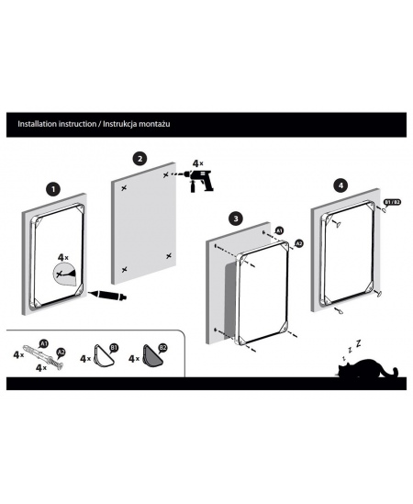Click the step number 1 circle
tap(53, 189)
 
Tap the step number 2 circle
tap(140, 159)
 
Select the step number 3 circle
tap(236, 218)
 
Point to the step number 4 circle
tap(341, 185)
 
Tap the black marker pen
tap(107, 295)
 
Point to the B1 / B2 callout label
tap(392, 202)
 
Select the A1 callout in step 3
tap(279, 230)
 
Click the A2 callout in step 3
tap(299, 243)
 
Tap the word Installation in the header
tap(37, 124)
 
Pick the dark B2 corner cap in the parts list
tap(152, 355)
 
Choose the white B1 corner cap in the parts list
tap(104, 355)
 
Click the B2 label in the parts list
tap(163, 347)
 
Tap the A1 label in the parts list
tap(44, 343)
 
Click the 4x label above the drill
tap(197, 163)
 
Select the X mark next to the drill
tap(166, 175)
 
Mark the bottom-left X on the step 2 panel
tap(125, 269)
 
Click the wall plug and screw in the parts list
tap(43, 357)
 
